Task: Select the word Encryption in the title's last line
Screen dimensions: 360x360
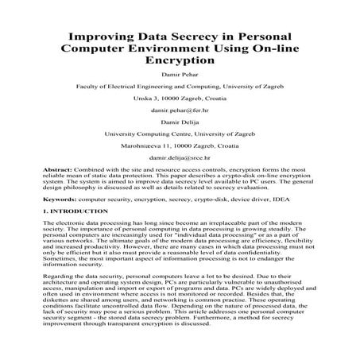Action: [180, 59]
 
